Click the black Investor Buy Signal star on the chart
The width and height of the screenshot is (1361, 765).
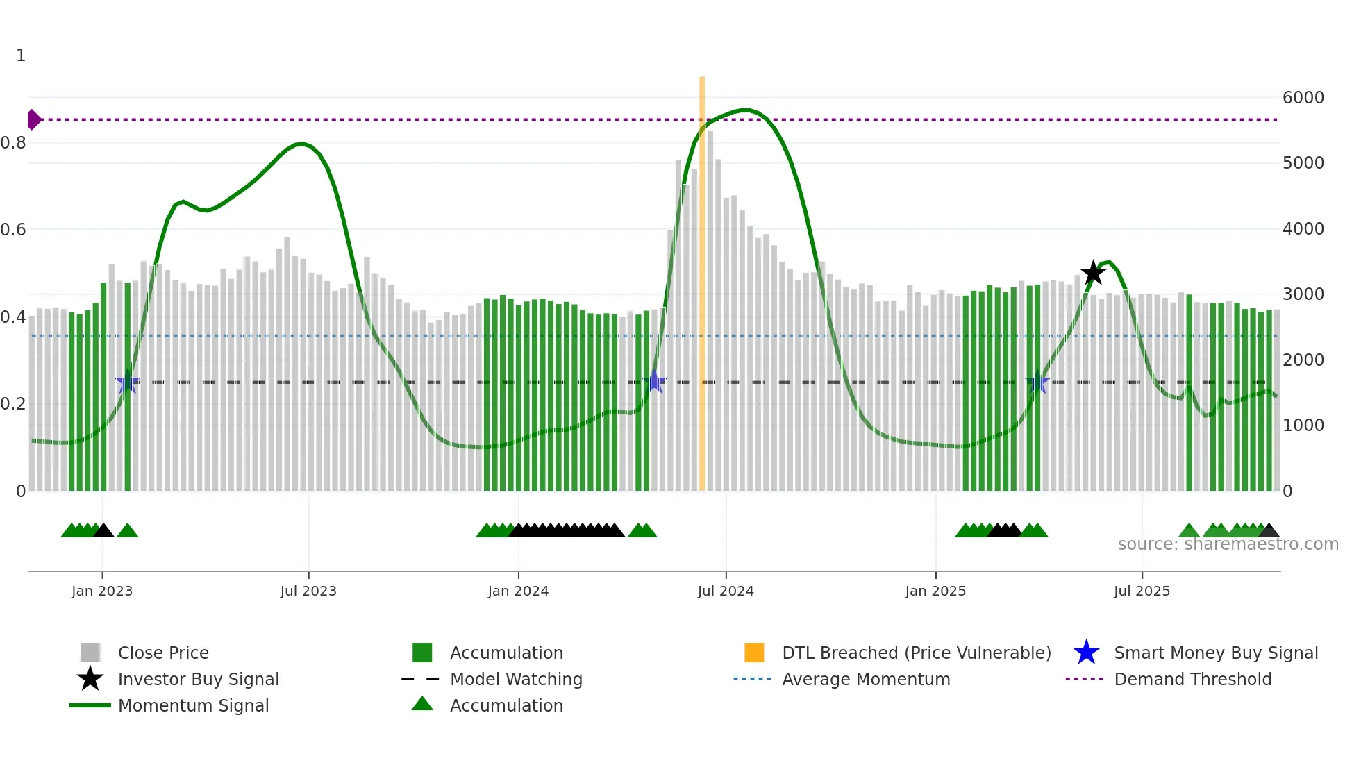pyautogui.click(x=1093, y=273)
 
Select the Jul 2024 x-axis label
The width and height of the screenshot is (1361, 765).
pyautogui.click(x=726, y=591)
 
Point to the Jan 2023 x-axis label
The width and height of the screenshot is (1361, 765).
pyautogui.click(x=102, y=591)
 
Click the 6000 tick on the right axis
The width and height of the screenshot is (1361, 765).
pyautogui.click(x=1303, y=98)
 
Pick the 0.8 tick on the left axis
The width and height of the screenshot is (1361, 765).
pyautogui.click(x=13, y=143)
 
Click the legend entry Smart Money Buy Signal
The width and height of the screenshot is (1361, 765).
pyautogui.click(x=1215, y=653)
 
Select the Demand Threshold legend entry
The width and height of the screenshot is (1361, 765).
pyautogui.click(x=1192, y=679)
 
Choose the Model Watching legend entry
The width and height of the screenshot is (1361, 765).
pyautogui.click(x=515, y=679)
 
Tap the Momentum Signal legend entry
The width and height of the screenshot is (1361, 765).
pyautogui.click(x=193, y=705)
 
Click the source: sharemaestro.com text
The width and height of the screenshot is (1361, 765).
pyautogui.click(x=1228, y=544)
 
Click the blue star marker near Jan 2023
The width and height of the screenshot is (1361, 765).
pyautogui.click(x=127, y=382)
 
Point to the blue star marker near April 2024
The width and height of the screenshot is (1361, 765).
pyautogui.click(x=654, y=382)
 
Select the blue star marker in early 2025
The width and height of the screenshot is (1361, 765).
pyautogui.click(x=1037, y=382)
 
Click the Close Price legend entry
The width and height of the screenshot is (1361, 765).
pyautogui.click(x=162, y=653)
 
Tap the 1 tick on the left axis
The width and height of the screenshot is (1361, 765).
pyautogui.click(x=21, y=56)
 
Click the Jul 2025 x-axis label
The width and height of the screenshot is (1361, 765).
pyautogui.click(x=1142, y=591)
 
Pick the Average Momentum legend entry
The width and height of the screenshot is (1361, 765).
pyautogui.click(x=865, y=679)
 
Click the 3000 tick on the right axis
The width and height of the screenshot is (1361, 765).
pyautogui.click(x=1303, y=294)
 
